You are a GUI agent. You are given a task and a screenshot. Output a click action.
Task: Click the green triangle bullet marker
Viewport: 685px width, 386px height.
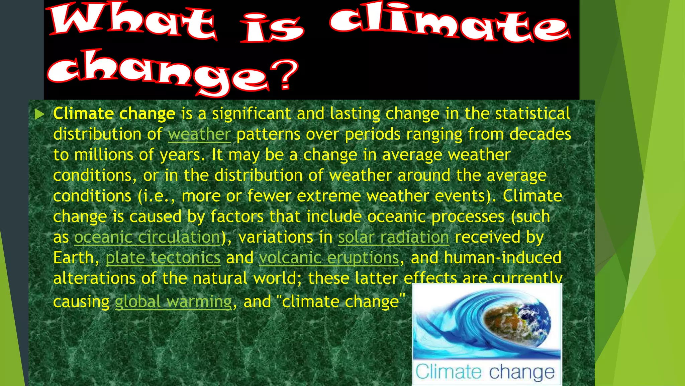(39, 114)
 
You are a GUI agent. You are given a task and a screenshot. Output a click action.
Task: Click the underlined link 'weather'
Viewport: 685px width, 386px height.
(199, 134)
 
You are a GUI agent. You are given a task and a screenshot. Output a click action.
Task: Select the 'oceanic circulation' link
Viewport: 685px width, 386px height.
(147, 238)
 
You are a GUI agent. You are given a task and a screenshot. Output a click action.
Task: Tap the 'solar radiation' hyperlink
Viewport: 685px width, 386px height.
(393, 238)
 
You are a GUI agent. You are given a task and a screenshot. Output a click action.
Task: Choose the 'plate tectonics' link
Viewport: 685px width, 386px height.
(163, 258)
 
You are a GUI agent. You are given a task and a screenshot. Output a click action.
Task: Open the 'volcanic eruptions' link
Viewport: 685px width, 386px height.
(329, 258)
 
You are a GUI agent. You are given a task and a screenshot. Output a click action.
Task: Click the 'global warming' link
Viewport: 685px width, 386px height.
(173, 302)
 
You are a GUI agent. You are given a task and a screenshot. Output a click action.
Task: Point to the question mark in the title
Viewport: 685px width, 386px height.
(284, 74)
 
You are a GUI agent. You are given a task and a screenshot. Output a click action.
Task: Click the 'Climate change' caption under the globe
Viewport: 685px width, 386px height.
(485, 372)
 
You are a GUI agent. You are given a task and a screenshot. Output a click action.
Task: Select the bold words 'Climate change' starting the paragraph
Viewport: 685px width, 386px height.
(114, 114)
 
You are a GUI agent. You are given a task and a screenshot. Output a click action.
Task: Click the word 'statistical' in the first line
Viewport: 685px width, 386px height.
(532, 114)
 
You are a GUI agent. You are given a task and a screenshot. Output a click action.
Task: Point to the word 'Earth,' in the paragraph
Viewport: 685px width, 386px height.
(76, 258)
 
